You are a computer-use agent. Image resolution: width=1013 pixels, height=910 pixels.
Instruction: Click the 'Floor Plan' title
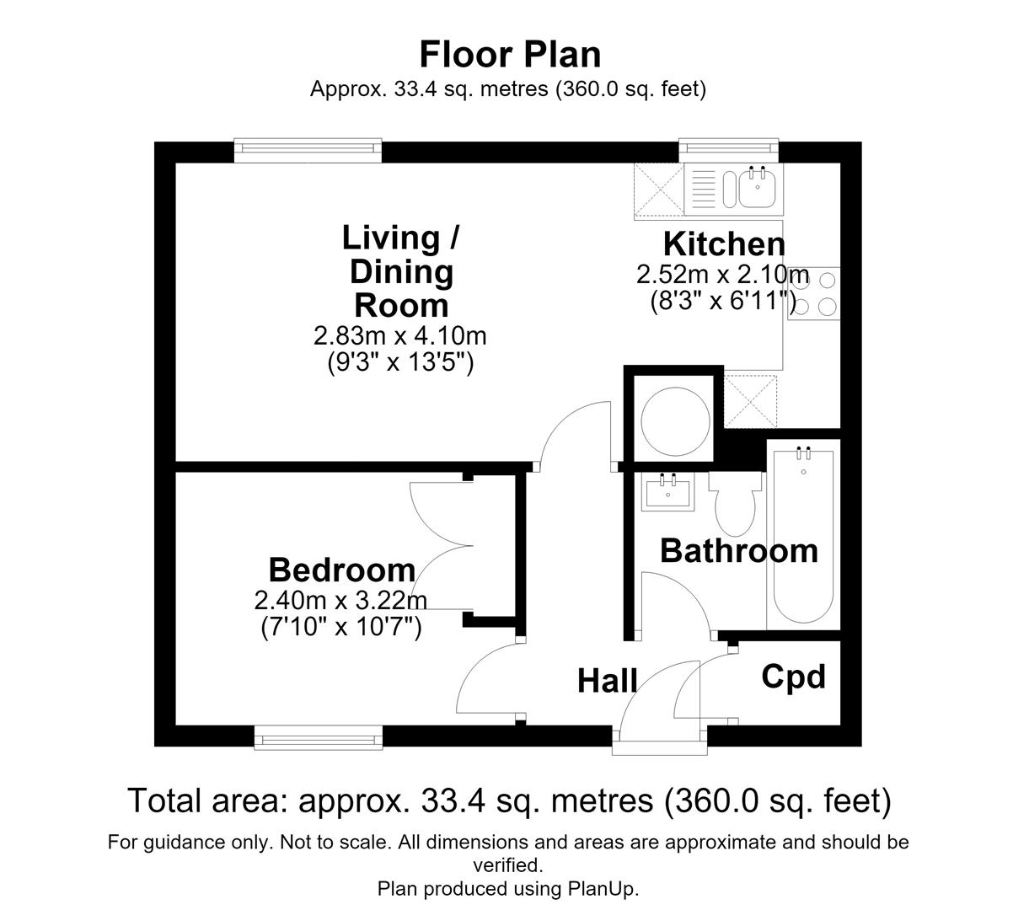(x=510, y=55)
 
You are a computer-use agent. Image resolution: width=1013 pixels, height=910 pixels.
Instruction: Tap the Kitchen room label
(x=724, y=244)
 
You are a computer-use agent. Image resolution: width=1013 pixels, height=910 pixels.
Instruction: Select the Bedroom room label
(x=342, y=570)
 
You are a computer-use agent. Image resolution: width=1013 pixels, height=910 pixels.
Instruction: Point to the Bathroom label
(x=739, y=551)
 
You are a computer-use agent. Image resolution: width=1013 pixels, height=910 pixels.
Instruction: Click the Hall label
(x=608, y=681)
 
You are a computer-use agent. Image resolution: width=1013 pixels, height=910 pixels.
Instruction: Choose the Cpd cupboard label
(x=793, y=677)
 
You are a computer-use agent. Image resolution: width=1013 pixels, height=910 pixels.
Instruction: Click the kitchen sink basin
(x=758, y=188)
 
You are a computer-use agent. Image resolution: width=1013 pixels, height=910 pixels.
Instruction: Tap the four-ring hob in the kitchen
(x=814, y=293)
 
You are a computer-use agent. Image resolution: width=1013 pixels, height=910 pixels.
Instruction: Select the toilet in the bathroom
(x=735, y=504)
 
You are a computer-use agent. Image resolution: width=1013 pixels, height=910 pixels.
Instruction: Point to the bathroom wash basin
(x=668, y=493)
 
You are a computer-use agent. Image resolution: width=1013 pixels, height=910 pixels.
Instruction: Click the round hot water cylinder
(x=675, y=421)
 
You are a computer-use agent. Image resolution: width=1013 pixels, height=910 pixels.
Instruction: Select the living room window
(x=308, y=151)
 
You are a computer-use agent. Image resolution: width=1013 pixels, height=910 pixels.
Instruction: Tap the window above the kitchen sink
(x=728, y=150)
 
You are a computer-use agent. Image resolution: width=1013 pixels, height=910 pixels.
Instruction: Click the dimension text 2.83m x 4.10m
(x=400, y=336)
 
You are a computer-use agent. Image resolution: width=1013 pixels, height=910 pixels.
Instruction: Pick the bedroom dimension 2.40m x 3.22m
(x=340, y=601)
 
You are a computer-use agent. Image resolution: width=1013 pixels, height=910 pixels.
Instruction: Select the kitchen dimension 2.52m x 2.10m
(x=722, y=275)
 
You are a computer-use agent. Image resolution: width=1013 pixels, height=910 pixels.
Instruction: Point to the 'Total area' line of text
(x=510, y=800)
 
